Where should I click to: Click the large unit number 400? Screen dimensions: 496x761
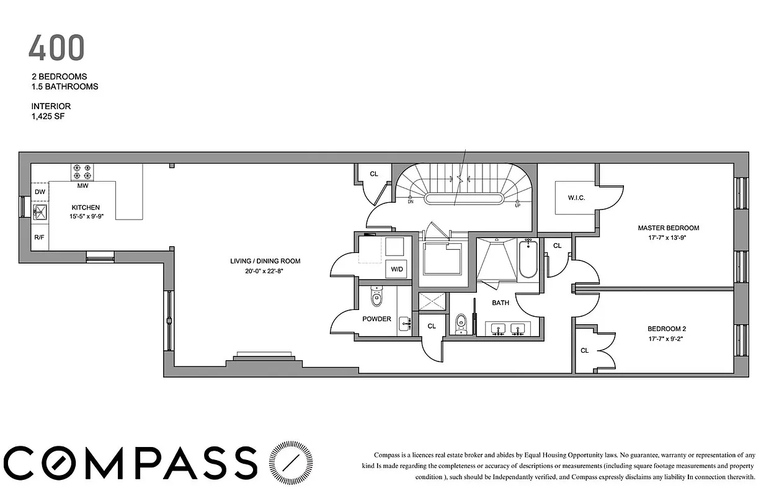tap(56, 48)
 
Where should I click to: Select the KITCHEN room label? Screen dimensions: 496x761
tap(85, 208)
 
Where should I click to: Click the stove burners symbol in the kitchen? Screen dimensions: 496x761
tap(83, 170)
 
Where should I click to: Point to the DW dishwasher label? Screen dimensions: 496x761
tap(40, 192)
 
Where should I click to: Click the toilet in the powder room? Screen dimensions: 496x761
tap(376, 299)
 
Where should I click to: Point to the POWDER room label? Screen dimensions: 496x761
tap(377, 319)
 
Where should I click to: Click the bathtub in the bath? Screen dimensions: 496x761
tap(528, 259)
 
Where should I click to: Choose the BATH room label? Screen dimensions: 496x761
tap(501, 303)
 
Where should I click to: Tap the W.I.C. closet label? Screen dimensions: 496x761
tap(577, 198)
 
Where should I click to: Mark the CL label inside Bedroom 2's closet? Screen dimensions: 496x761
tap(584, 350)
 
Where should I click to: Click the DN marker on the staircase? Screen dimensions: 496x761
tap(411, 201)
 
